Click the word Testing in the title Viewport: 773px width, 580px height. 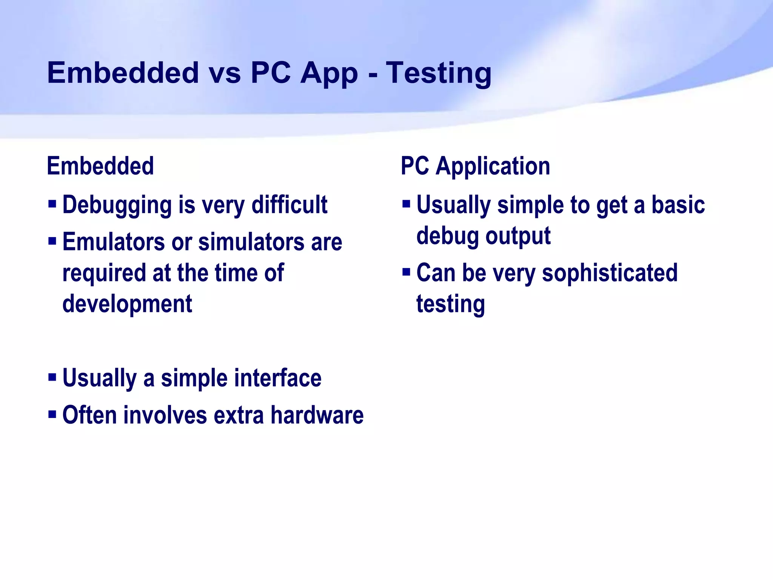439,73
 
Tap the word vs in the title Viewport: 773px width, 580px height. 225,73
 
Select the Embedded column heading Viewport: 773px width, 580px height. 100,166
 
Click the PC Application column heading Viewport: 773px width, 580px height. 475,166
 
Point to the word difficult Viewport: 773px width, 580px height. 289,205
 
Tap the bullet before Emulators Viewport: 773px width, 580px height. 52,241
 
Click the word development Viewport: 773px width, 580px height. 127,304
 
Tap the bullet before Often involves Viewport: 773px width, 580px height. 52,414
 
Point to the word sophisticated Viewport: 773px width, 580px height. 610,273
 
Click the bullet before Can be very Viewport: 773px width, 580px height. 406,271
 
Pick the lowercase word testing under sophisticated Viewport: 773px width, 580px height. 450,304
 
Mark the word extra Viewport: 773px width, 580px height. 239,415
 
